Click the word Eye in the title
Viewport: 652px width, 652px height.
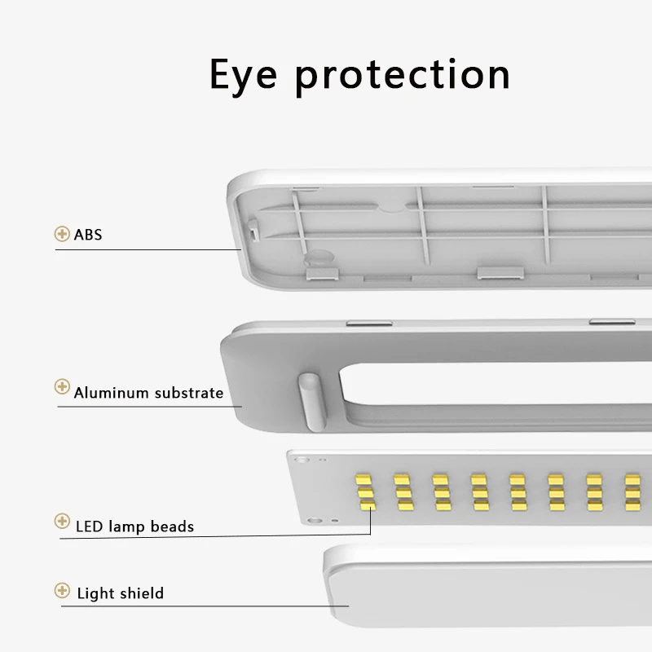244,74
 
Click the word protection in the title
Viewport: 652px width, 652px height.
402,76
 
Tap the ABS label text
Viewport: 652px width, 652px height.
88,236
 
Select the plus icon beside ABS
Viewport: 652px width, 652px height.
62,235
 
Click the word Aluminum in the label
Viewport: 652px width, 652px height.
110,393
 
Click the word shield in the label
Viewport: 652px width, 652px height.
142,593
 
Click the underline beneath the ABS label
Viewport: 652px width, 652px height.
147,249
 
